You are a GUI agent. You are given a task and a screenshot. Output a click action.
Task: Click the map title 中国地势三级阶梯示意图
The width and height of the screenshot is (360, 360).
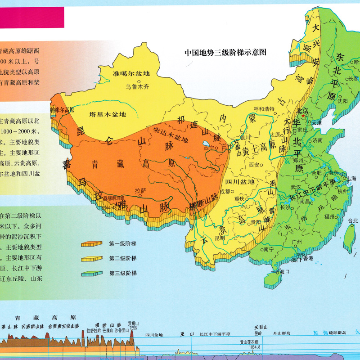(x=225, y=52)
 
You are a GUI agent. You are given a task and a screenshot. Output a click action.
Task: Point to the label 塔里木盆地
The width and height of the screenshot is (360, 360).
(x=108, y=114)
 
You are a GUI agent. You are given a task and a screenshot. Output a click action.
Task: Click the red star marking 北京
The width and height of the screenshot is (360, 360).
(x=304, y=116)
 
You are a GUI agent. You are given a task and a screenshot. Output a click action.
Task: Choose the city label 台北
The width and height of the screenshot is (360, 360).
(x=352, y=220)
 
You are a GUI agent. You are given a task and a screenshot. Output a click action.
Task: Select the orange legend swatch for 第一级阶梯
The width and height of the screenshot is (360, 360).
(x=92, y=244)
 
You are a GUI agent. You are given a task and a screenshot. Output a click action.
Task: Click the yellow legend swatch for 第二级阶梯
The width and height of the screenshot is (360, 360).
(x=92, y=259)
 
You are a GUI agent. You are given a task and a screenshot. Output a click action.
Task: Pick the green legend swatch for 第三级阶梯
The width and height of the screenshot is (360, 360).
(x=92, y=273)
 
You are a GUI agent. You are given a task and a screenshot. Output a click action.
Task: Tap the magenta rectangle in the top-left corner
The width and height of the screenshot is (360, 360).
(x=32, y=18)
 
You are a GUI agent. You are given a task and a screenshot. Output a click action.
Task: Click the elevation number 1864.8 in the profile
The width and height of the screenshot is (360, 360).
(x=251, y=347)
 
